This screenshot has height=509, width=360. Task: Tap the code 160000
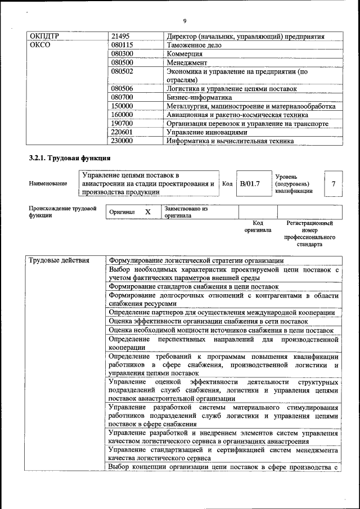tap(122, 114)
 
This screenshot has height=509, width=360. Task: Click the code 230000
tap(122, 141)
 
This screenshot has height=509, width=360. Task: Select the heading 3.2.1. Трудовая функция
tap(69, 159)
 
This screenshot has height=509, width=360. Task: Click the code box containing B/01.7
tap(249, 183)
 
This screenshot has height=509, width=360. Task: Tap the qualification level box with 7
tap(334, 184)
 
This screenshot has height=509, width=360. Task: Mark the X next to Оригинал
tap(147, 212)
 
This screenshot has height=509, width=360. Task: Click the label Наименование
tap(48, 183)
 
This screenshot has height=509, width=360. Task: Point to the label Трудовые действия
tap(59, 260)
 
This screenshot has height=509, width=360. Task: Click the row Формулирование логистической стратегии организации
tap(196, 260)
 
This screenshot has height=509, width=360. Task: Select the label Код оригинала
tap(258, 227)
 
